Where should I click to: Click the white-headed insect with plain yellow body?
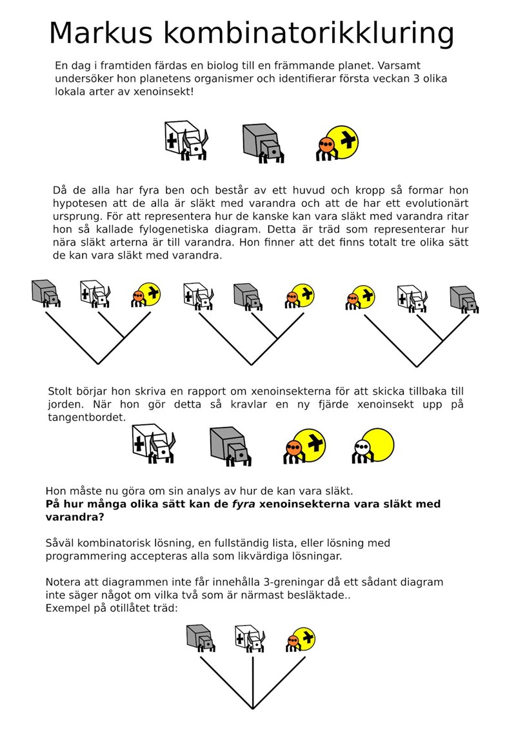tap(372, 446)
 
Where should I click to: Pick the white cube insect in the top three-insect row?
tap(186, 139)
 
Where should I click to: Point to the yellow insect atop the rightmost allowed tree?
tap(362, 297)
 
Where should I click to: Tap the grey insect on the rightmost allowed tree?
tap(464, 297)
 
